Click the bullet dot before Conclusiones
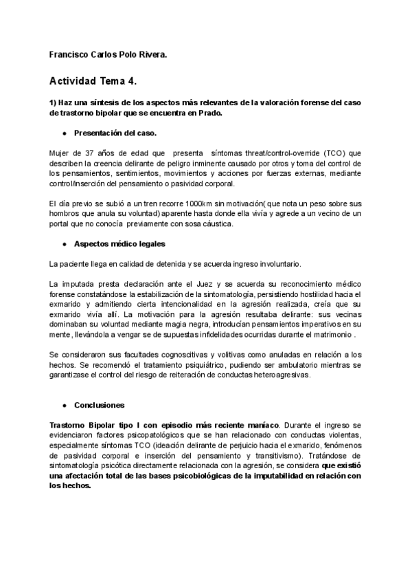(65, 405)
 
